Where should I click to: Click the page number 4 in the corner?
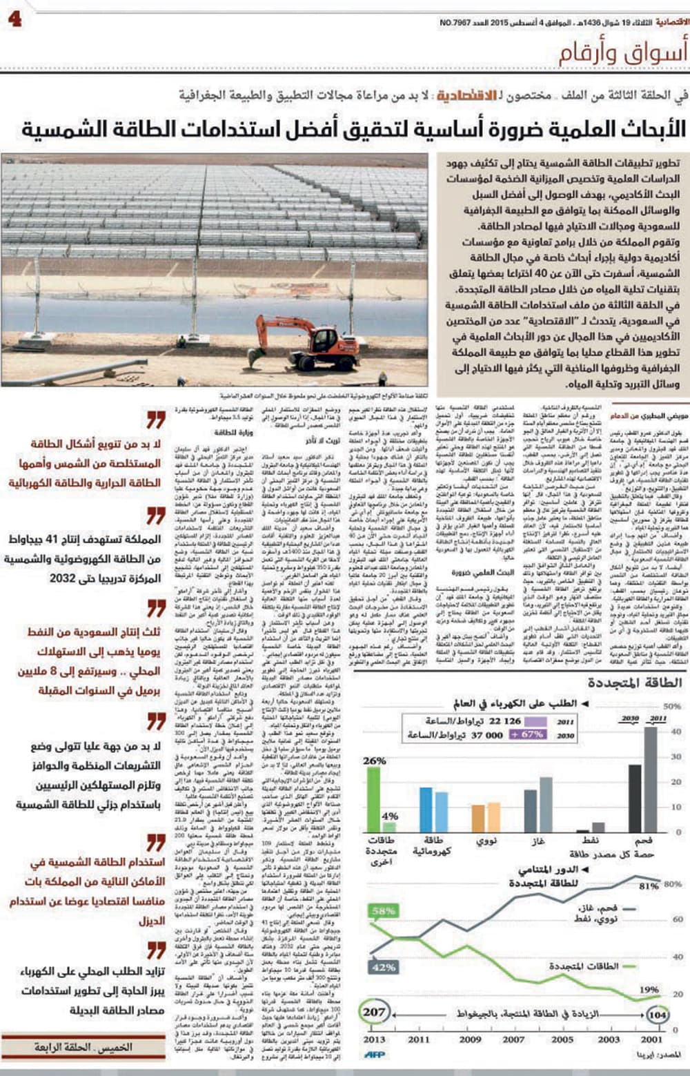click(x=14, y=18)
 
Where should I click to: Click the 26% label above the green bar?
click(x=374, y=761)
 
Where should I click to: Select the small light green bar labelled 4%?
click(x=389, y=826)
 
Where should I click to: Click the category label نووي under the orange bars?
click(x=488, y=841)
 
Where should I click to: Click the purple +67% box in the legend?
click(x=528, y=734)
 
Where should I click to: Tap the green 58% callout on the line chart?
click(x=383, y=911)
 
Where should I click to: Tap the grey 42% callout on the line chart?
click(x=383, y=968)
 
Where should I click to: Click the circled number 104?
click(x=658, y=1015)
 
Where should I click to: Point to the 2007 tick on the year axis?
click(x=513, y=1039)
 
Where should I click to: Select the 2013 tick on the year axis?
click(x=375, y=1039)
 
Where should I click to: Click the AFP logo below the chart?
click(x=375, y=1054)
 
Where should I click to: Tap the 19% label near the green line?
click(x=649, y=989)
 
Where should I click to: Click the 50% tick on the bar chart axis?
click(x=671, y=706)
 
